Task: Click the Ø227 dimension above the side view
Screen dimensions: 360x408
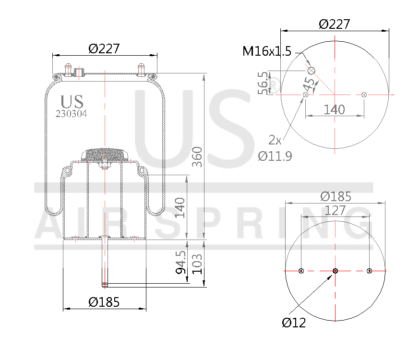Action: [104, 48]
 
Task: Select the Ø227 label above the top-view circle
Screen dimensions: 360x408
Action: [335, 24]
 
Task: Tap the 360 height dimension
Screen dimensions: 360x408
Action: [197, 156]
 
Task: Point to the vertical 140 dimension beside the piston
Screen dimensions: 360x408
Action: [180, 207]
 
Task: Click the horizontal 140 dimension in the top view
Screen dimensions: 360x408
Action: [334, 109]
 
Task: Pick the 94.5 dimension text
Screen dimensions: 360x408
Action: [180, 261]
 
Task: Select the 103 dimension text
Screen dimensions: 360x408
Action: [197, 263]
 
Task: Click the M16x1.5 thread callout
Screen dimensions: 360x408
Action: [267, 51]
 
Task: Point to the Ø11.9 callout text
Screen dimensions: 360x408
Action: [275, 156]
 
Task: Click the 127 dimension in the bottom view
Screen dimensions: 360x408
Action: [335, 210]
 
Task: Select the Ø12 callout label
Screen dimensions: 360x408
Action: [294, 323]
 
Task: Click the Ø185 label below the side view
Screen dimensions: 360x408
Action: [104, 302]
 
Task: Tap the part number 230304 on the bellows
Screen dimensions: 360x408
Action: [72, 114]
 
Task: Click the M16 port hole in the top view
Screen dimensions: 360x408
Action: [311, 71]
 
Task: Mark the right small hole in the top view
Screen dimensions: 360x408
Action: [364, 95]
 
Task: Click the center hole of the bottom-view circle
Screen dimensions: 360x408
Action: [335, 271]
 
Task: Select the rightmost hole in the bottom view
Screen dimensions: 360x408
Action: [369, 271]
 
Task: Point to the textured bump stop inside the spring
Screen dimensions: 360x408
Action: [105, 156]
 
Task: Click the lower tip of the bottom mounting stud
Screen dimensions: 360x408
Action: [105, 285]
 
